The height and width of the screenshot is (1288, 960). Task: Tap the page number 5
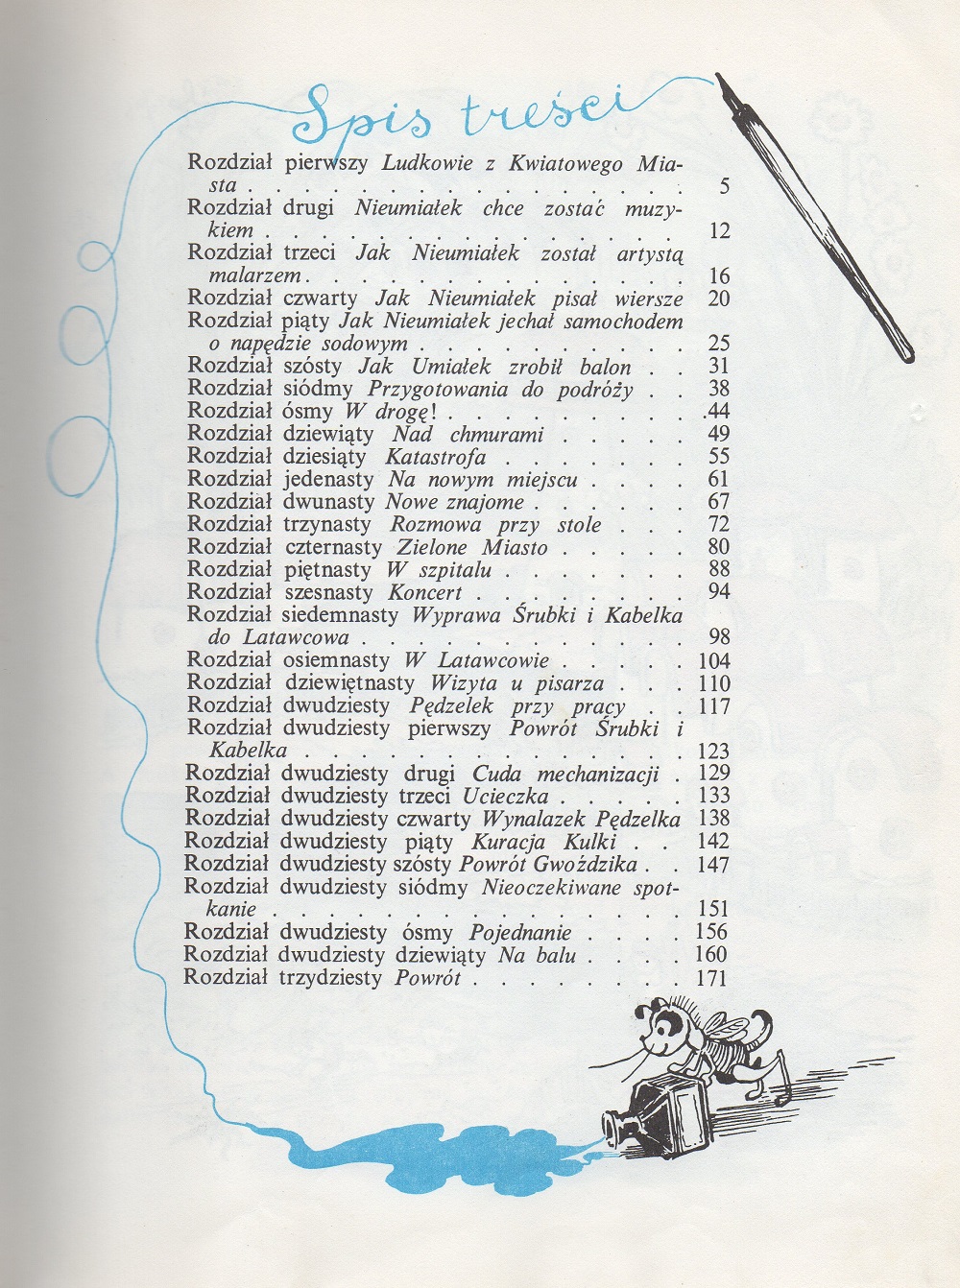(x=724, y=187)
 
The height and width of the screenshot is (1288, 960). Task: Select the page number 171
(x=711, y=978)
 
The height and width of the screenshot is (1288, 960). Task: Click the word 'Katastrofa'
(x=436, y=457)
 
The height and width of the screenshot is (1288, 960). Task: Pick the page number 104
(x=711, y=660)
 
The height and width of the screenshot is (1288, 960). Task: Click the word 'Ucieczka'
(x=505, y=796)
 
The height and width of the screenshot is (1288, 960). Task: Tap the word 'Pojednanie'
(x=520, y=932)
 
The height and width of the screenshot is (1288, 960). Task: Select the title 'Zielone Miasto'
(x=472, y=547)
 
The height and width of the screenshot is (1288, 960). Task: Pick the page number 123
(x=711, y=751)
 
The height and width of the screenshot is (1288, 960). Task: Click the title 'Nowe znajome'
(x=455, y=502)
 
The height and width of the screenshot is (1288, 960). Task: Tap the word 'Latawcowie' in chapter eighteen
(x=491, y=660)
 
